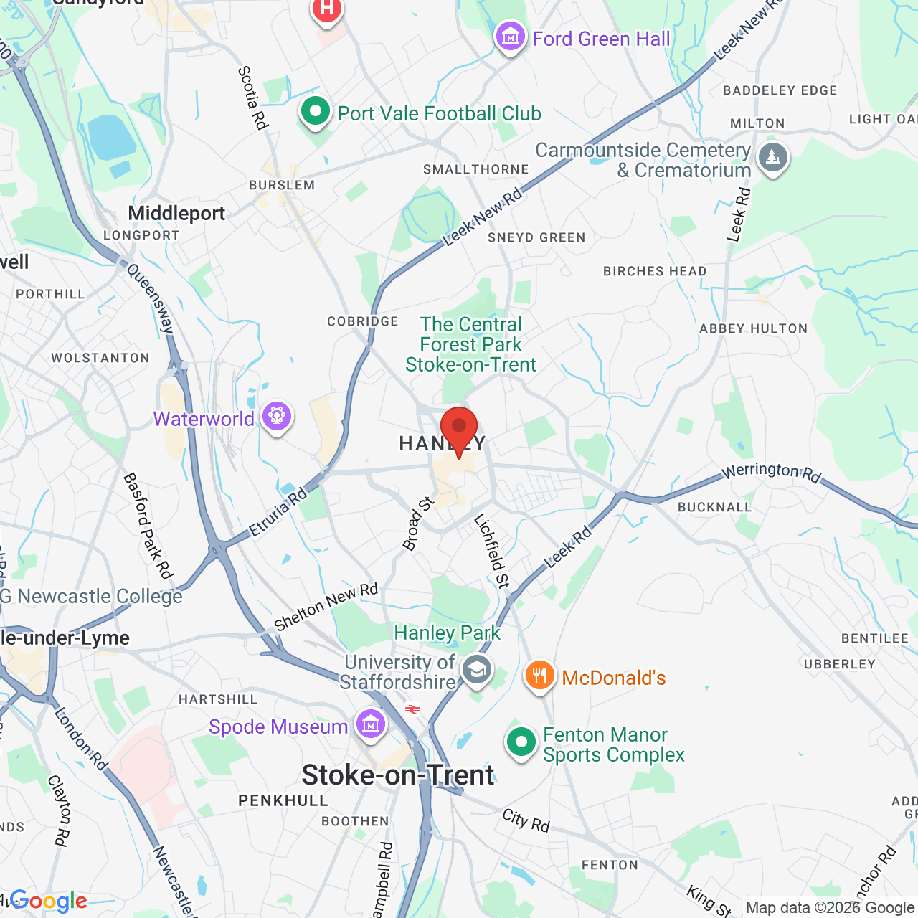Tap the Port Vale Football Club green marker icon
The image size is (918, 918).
click(x=315, y=112)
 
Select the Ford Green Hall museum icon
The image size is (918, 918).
click(x=510, y=37)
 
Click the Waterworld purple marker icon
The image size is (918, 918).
click(x=276, y=417)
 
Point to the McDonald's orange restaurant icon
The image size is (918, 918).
click(x=539, y=676)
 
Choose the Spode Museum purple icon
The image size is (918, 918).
click(x=370, y=725)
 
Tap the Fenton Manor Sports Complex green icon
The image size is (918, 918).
click(x=521, y=742)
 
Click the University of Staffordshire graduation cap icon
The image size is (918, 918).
click(x=476, y=671)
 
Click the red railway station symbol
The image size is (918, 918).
click(x=412, y=709)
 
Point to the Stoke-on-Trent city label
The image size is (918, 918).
click(x=398, y=775)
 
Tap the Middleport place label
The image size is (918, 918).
click(x=176, y=213)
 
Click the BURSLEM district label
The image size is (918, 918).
click(x=282, y=185)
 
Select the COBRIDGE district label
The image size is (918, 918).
click(x=363, y=321)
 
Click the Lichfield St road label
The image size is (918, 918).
click(x=492, y=551)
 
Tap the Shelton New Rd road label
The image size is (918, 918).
click(x=326, y=607)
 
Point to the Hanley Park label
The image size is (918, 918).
click(x=448, y=633)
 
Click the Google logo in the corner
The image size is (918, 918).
click(x=49, y=902)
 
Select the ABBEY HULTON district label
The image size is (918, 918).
click(x=753, y=328)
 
